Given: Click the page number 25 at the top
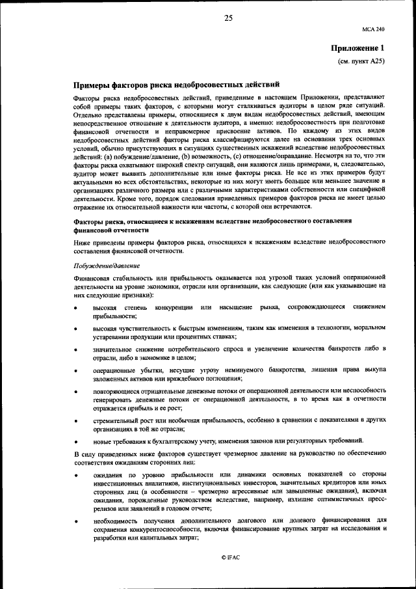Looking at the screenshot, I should (228, 18).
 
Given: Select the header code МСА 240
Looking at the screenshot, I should (374, 29).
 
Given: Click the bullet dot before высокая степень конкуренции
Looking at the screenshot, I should (76, 307).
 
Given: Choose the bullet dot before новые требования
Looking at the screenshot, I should (76, 441).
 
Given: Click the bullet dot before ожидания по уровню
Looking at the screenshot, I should (76, 475).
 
